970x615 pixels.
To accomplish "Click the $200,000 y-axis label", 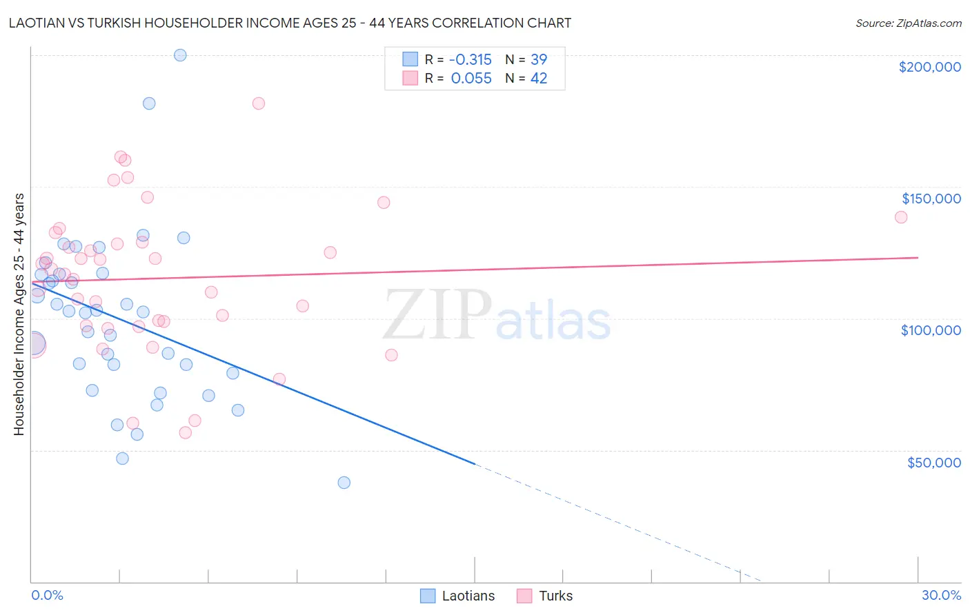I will (929, 67).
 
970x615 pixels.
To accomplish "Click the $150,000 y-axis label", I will (931, 199).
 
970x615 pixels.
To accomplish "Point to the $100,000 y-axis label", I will (931, 330).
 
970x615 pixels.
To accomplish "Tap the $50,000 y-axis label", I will (933, 463).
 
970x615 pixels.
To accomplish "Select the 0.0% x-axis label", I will (47, 596).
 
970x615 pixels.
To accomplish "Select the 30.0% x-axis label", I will (941, 596).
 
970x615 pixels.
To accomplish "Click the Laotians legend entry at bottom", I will (458, 596).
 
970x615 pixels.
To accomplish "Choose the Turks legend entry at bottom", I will (545, 596).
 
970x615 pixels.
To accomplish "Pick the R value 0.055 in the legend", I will (471, 79).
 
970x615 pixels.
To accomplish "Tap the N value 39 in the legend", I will (539, 59).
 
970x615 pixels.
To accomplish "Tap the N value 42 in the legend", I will (539, 79).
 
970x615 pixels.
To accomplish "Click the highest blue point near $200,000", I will (180, 55).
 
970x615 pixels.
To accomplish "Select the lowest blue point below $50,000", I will (344, 483).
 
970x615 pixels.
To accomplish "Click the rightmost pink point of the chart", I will (901, 217).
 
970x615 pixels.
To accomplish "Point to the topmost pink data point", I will (259, 103).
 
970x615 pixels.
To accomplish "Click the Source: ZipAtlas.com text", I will (909, 23).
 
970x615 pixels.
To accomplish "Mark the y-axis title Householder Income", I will (19, 314).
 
